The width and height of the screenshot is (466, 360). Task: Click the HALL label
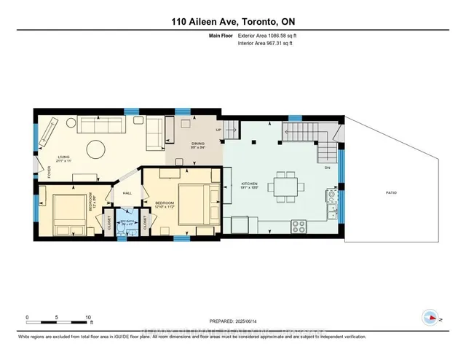(x=126, y=193)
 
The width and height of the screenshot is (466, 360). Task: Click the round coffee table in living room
(x=96, y=150)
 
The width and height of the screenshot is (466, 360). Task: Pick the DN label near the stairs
(x=327, y=167)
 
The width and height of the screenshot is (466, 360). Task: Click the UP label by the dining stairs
(x=218, y=130)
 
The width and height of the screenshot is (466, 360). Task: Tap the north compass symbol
(x=430, y=318)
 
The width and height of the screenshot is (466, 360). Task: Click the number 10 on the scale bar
(x=88, y=318)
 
